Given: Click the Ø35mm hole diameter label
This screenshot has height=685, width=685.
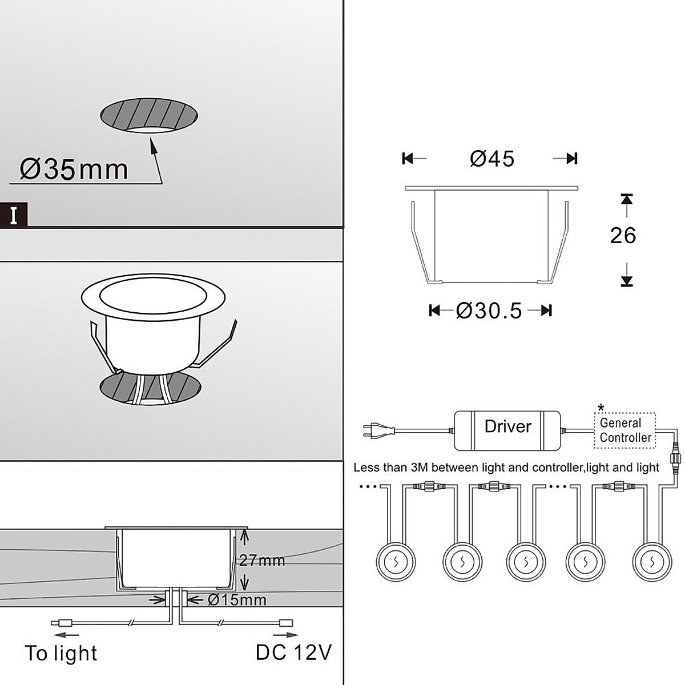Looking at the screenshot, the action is [x=74, y=170].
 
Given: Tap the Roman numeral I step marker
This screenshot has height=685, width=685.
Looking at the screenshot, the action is [x=14, y=215].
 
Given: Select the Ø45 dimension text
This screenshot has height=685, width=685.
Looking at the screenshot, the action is [x=492, y=159].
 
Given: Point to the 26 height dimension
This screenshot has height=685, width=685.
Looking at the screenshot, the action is [x=623, y=235].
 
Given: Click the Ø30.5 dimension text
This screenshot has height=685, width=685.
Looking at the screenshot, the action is [x=489, y=311].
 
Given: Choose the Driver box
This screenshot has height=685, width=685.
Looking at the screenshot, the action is [x=507, y=431].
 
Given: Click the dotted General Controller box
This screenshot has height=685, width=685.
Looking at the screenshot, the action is [x=625, y=430].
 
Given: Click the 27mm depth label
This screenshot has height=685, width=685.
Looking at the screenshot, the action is [x=262, y=561].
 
